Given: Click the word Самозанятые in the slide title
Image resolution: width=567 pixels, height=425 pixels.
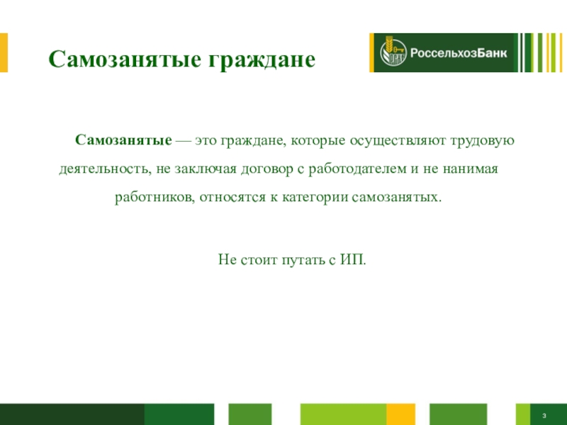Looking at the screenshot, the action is (125, 59).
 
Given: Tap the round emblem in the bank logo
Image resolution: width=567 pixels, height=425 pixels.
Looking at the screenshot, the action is (393, 52).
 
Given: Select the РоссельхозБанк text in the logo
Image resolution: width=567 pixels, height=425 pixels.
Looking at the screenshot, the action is (459, 53).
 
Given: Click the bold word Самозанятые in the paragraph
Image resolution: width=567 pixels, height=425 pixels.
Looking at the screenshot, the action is (123, 140).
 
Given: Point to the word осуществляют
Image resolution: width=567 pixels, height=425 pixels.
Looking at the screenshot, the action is (398, 140).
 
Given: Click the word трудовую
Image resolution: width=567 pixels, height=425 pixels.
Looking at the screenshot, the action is (483, 140).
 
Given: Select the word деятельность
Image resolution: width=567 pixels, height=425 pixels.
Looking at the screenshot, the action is (105, 169).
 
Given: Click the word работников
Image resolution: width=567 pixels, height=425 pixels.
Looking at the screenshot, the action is (155, 198).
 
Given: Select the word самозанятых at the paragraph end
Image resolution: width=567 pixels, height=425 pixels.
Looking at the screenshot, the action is (397, 198).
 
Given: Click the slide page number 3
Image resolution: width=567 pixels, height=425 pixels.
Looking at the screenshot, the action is (544, 416).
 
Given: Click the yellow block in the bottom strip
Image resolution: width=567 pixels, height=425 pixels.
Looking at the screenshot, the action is (400, 414).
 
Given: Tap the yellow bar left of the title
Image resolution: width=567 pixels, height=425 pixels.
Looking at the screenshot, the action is (4, 52).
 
